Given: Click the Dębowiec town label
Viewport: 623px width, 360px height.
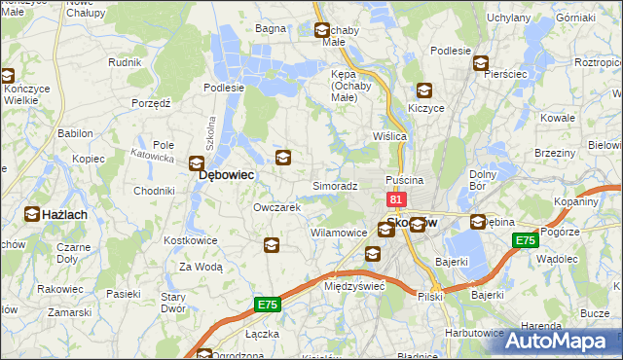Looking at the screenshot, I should click(227, 175).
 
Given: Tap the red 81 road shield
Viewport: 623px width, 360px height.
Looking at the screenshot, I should click(396, 199).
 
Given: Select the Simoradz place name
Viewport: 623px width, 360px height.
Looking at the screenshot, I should click(335, 185).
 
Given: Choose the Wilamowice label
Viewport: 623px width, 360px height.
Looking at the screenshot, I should click(338, 234).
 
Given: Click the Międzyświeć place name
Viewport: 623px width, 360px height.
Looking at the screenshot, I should click(354, 286).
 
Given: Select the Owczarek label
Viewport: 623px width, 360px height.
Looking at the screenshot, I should click(276, 207).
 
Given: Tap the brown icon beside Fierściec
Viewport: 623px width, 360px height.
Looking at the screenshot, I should click(481, 64).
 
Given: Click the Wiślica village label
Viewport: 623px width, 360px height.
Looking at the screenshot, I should click(389, 136).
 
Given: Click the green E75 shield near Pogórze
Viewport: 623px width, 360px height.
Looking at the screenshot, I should click(527, 240).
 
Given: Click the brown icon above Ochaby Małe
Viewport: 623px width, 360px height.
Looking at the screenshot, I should click(323, 32).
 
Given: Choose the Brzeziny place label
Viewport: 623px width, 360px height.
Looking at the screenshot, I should click(555, 154).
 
